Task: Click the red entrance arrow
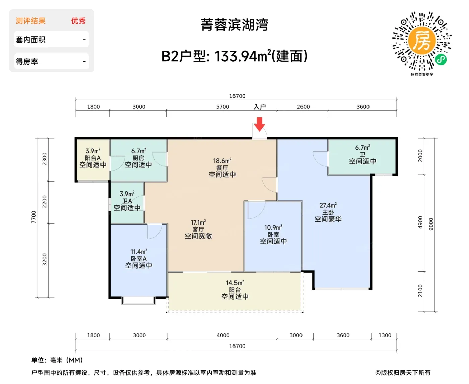(259, 124)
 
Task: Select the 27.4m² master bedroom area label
(328, 205)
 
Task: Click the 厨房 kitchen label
(138, 158)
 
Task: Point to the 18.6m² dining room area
(222, 161)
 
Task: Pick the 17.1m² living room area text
(198, 222)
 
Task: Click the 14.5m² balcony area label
(235, 283)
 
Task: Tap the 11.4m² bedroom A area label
(139, 252)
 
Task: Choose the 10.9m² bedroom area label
(273, 228)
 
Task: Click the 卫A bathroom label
(127, 201)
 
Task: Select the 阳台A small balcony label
(93, 158)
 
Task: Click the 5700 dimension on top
(222, 107)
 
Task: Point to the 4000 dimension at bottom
(223, 335)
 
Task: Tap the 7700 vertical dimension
(33, 217)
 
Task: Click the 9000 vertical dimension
(431, 224)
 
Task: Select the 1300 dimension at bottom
(385, 335)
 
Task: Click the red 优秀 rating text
(78, 21)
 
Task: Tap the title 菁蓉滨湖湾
(234, 25)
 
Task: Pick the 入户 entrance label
(260, 107)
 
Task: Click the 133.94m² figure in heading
(243, 56)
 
